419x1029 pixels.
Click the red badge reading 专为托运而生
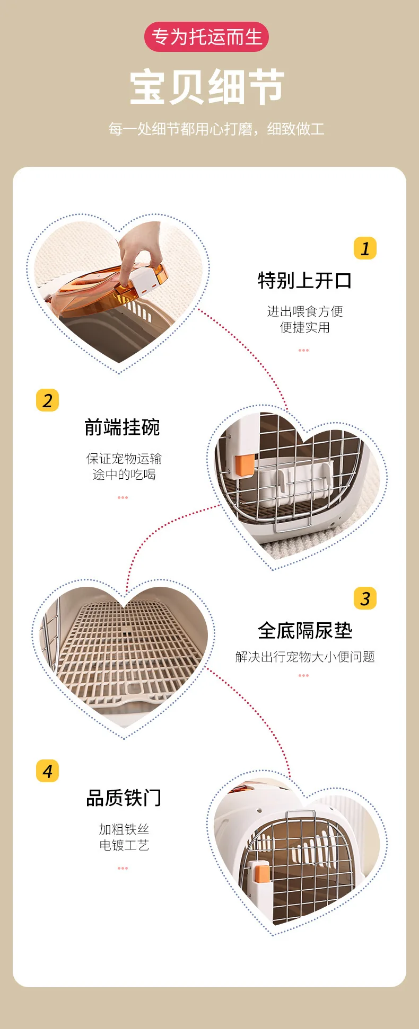(x=206, y=37)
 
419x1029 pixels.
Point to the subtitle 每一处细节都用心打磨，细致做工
(x=216, y=129)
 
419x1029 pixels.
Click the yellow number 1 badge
(x=365, y=248)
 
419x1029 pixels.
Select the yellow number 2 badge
(x=47, y=400)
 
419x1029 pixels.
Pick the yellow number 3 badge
(x=365, y=598)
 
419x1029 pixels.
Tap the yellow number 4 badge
(x=47, y=771)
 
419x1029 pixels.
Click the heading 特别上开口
(x=304, y=281)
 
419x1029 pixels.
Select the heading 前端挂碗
(x=123, y=427)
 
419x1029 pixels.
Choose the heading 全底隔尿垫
(x=305, y=630)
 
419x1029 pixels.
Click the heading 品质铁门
(x=124, y=798)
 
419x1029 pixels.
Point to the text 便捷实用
(x=305, y=327)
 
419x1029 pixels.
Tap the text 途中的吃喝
(x=124, y=475)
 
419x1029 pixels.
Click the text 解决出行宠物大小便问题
(x=305, y=657)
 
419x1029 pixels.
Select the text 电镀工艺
(x=124, y=845)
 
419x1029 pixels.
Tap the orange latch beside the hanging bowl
(x=246, y=464)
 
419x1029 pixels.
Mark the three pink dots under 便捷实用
(x=303, y=350)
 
